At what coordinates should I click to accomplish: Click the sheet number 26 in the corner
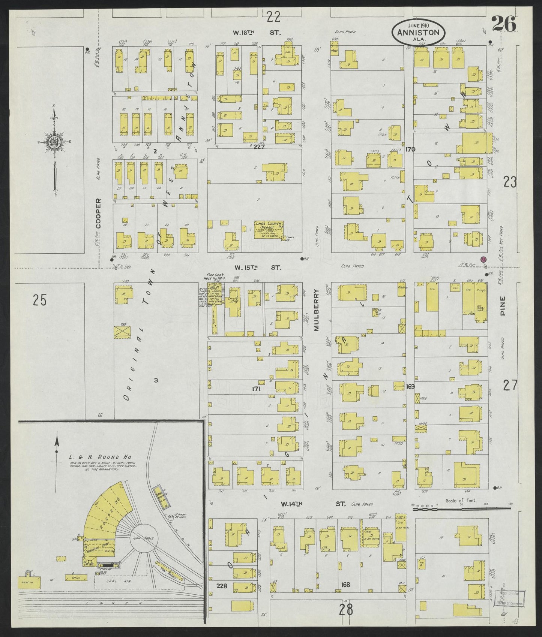[503, 25]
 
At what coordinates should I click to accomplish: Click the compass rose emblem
[54, 142]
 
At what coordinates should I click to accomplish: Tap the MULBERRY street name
[316, 310]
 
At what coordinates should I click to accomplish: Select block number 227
[259, 147]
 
